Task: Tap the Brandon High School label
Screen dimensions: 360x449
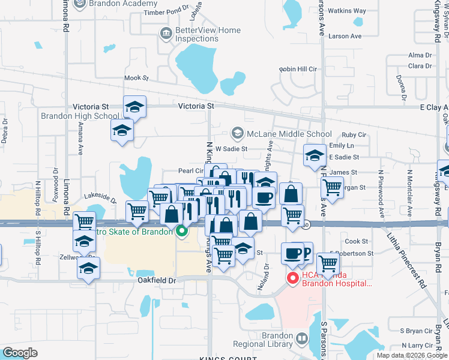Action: click(80, 116)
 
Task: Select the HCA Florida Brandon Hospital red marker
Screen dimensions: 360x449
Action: click(293, 278)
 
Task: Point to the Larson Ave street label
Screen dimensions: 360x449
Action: click(345, 36)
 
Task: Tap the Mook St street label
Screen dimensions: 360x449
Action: click(136, 78)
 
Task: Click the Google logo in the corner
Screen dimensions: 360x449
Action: click(20, 352)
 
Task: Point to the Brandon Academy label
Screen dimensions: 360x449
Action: click(114, 4)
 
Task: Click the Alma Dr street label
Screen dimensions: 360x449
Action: click(416, 55)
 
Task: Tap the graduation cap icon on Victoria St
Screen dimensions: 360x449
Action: click(134, 107)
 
